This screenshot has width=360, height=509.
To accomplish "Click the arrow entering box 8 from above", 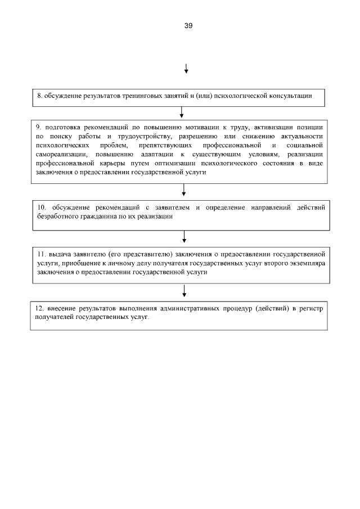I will tap(186, 69).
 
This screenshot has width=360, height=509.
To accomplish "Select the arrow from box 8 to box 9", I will tap(182, 111).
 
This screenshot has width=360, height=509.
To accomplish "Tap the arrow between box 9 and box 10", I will tap(183, 192).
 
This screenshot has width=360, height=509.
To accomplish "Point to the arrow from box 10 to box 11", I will tap(183, 236).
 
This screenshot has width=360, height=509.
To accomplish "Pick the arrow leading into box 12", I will tap(184, 291).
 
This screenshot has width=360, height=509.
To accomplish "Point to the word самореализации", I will tap(58, 155).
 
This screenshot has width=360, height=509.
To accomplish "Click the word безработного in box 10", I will tap(57, 217).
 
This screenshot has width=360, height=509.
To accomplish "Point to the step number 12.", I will tap(39, 308).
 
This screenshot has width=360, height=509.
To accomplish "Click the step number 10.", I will tap(40, 208).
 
